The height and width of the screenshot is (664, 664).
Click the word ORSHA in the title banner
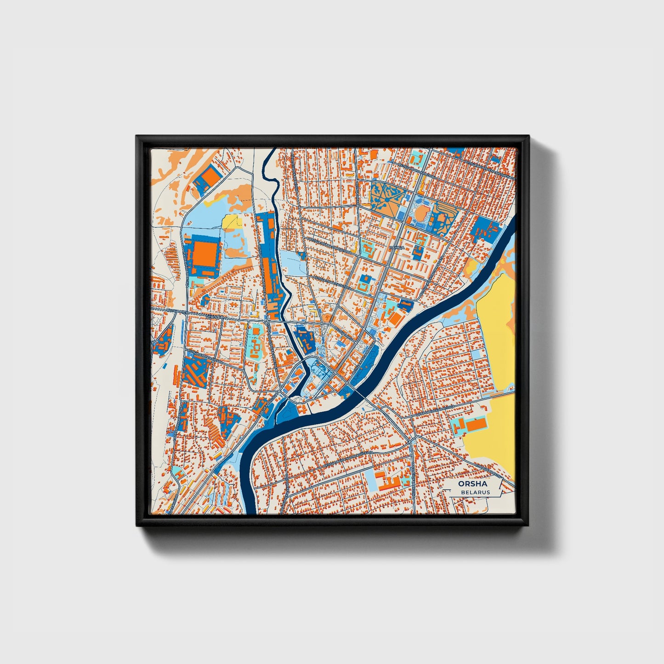pos(472,483)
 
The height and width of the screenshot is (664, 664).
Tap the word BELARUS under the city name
pos(475,492)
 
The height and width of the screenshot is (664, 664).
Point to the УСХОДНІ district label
pos(214,317)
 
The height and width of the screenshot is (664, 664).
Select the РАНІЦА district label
pos(396,247)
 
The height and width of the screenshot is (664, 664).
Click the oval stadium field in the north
pos(421,212)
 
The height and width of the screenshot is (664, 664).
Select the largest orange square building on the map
pos(205,253)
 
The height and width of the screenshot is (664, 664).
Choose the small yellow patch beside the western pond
pos(232,221)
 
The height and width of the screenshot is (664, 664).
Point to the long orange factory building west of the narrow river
pos(267,276)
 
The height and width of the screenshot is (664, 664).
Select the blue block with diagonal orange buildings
pos(196,370)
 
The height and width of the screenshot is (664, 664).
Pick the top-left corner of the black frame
pos(137,136)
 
